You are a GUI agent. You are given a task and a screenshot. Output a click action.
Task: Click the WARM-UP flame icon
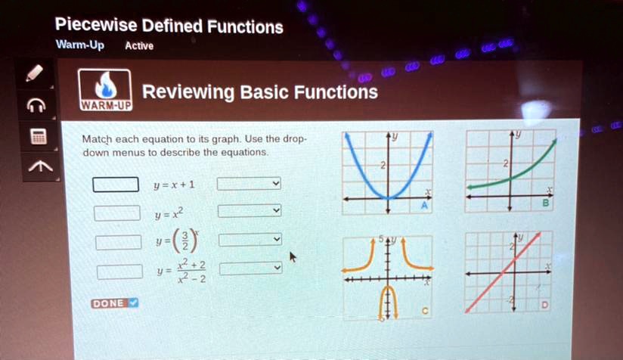[x=106, y=89]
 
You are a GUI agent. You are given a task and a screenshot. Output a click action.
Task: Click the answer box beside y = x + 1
[x=116, y=185]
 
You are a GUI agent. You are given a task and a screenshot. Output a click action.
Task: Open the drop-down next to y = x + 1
[x=250, y=184]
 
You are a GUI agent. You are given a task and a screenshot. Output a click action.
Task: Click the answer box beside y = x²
[x=116, y=213]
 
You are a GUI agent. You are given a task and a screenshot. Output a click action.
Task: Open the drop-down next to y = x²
[x=250, y=211]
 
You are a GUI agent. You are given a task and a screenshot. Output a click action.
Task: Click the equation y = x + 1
[x=174, y=185]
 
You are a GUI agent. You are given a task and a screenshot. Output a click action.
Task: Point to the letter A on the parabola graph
[x=424, y=206]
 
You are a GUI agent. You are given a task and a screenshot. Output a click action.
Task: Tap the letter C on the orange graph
[x=425, y=311]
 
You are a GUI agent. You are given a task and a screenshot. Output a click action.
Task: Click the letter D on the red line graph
[x=544, y=305]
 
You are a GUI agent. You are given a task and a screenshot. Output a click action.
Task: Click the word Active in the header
[x=139, y=46]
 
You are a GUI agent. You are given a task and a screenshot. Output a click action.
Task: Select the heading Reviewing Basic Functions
[x=259, y=92]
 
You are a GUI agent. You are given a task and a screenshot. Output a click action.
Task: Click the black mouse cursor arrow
[x=293, y=258]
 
